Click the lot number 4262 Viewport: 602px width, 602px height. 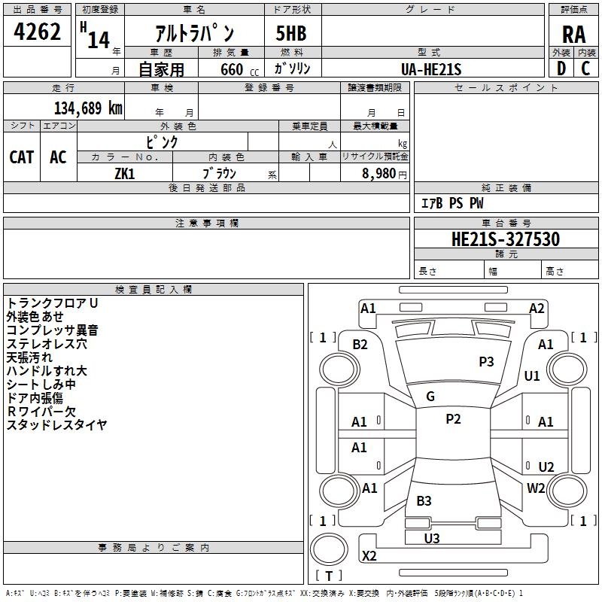click(38, 32)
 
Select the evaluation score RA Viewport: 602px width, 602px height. click(573, 34)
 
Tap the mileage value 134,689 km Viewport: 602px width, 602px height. click(88, 108)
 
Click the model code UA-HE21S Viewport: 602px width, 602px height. click(431, 69)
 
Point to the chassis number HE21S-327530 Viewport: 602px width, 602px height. click(505, 239)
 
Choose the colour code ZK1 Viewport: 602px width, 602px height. click(124, 173)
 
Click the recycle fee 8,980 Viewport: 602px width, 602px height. click(379, 173)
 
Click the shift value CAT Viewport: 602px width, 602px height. click(22, 157)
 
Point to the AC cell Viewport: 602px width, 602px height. click(58, 157)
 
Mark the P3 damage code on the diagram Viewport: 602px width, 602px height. click(486, 362)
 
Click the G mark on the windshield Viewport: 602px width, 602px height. click(430, 397)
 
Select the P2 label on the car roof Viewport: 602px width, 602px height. click(453, 419)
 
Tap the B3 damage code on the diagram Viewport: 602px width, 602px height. click(424, 501)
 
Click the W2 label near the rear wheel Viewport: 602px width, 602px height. click(536, 488)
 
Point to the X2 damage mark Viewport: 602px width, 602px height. click(369, 556)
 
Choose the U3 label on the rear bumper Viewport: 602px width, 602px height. click(432, 538)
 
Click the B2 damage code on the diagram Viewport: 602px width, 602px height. click(360, 345)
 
